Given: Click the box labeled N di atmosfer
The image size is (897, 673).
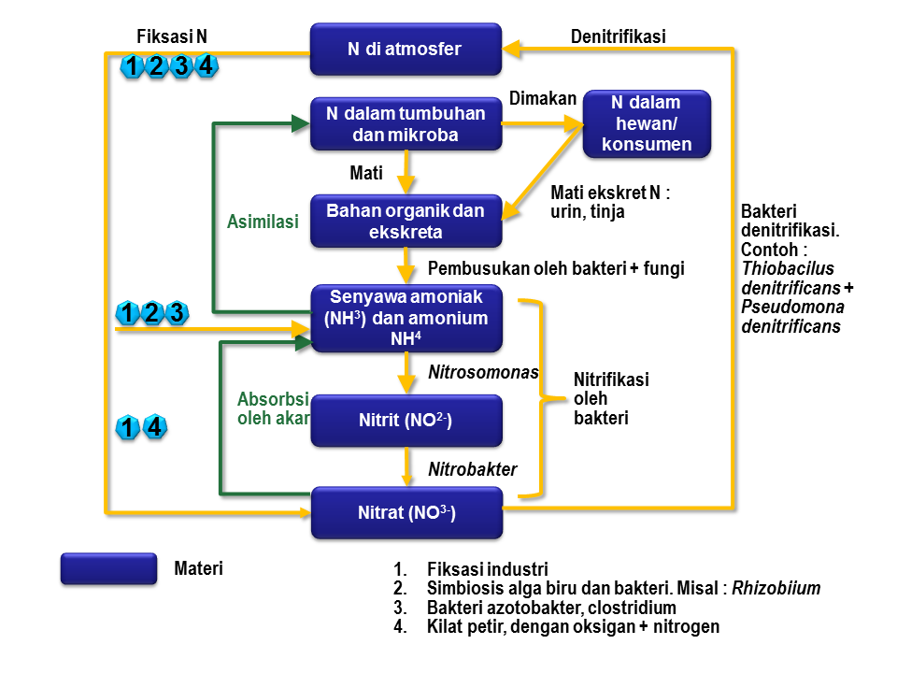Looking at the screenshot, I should pos(406,50).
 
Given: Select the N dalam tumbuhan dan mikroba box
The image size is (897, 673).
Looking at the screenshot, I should pos(406,124).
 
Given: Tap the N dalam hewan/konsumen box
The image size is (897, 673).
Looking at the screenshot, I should pos(647,123).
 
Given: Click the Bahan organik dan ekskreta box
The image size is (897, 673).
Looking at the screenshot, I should pos(406,221).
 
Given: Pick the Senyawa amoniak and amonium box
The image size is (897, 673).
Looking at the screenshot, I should pos(406,319).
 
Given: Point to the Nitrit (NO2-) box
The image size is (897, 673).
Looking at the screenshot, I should pos(406,421).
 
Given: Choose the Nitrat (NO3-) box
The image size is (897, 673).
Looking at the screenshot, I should pos(406,513).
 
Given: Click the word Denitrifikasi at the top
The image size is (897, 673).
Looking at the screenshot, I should pos(618,37).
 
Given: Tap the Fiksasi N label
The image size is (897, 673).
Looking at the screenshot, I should pos(172,37).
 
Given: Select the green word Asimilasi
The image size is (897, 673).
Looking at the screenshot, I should pos(263,222).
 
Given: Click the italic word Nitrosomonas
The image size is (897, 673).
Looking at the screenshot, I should pos(483,372).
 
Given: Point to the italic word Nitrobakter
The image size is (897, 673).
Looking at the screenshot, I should pos(472,469).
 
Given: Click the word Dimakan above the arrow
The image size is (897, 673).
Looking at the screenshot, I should pos(542,98).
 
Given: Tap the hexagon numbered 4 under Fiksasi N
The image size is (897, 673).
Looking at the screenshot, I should pos(206,66).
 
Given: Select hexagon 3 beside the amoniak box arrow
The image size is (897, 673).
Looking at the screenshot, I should pos(177,313).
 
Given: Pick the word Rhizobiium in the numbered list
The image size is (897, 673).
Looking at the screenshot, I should pos(776,589).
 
